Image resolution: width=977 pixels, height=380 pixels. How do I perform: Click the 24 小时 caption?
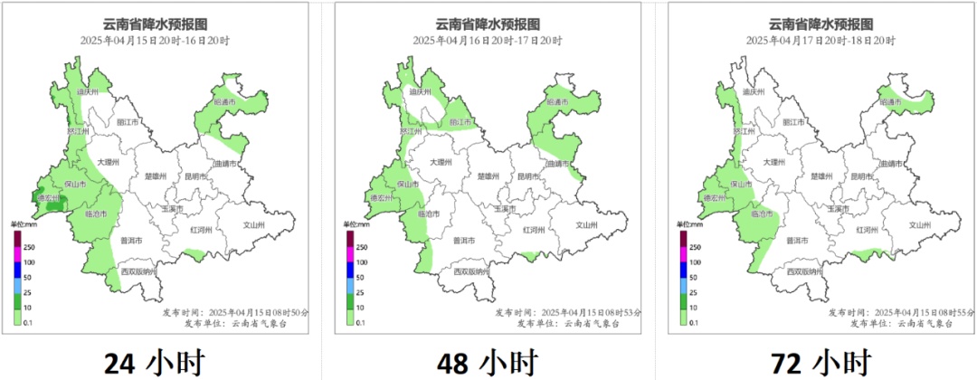click(153, 363)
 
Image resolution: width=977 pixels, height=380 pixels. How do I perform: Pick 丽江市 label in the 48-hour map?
click(462, 122)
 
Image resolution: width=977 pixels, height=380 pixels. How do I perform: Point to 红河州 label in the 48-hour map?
click(535, 230)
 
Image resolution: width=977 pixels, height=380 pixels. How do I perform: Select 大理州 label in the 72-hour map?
click(773, 162)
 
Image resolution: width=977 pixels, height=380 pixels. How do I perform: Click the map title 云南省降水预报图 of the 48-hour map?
click(488, 24)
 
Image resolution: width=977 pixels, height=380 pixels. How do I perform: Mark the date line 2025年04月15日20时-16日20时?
click(155, 41)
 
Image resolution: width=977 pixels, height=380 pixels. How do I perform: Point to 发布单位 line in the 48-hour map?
click(567, 323)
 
